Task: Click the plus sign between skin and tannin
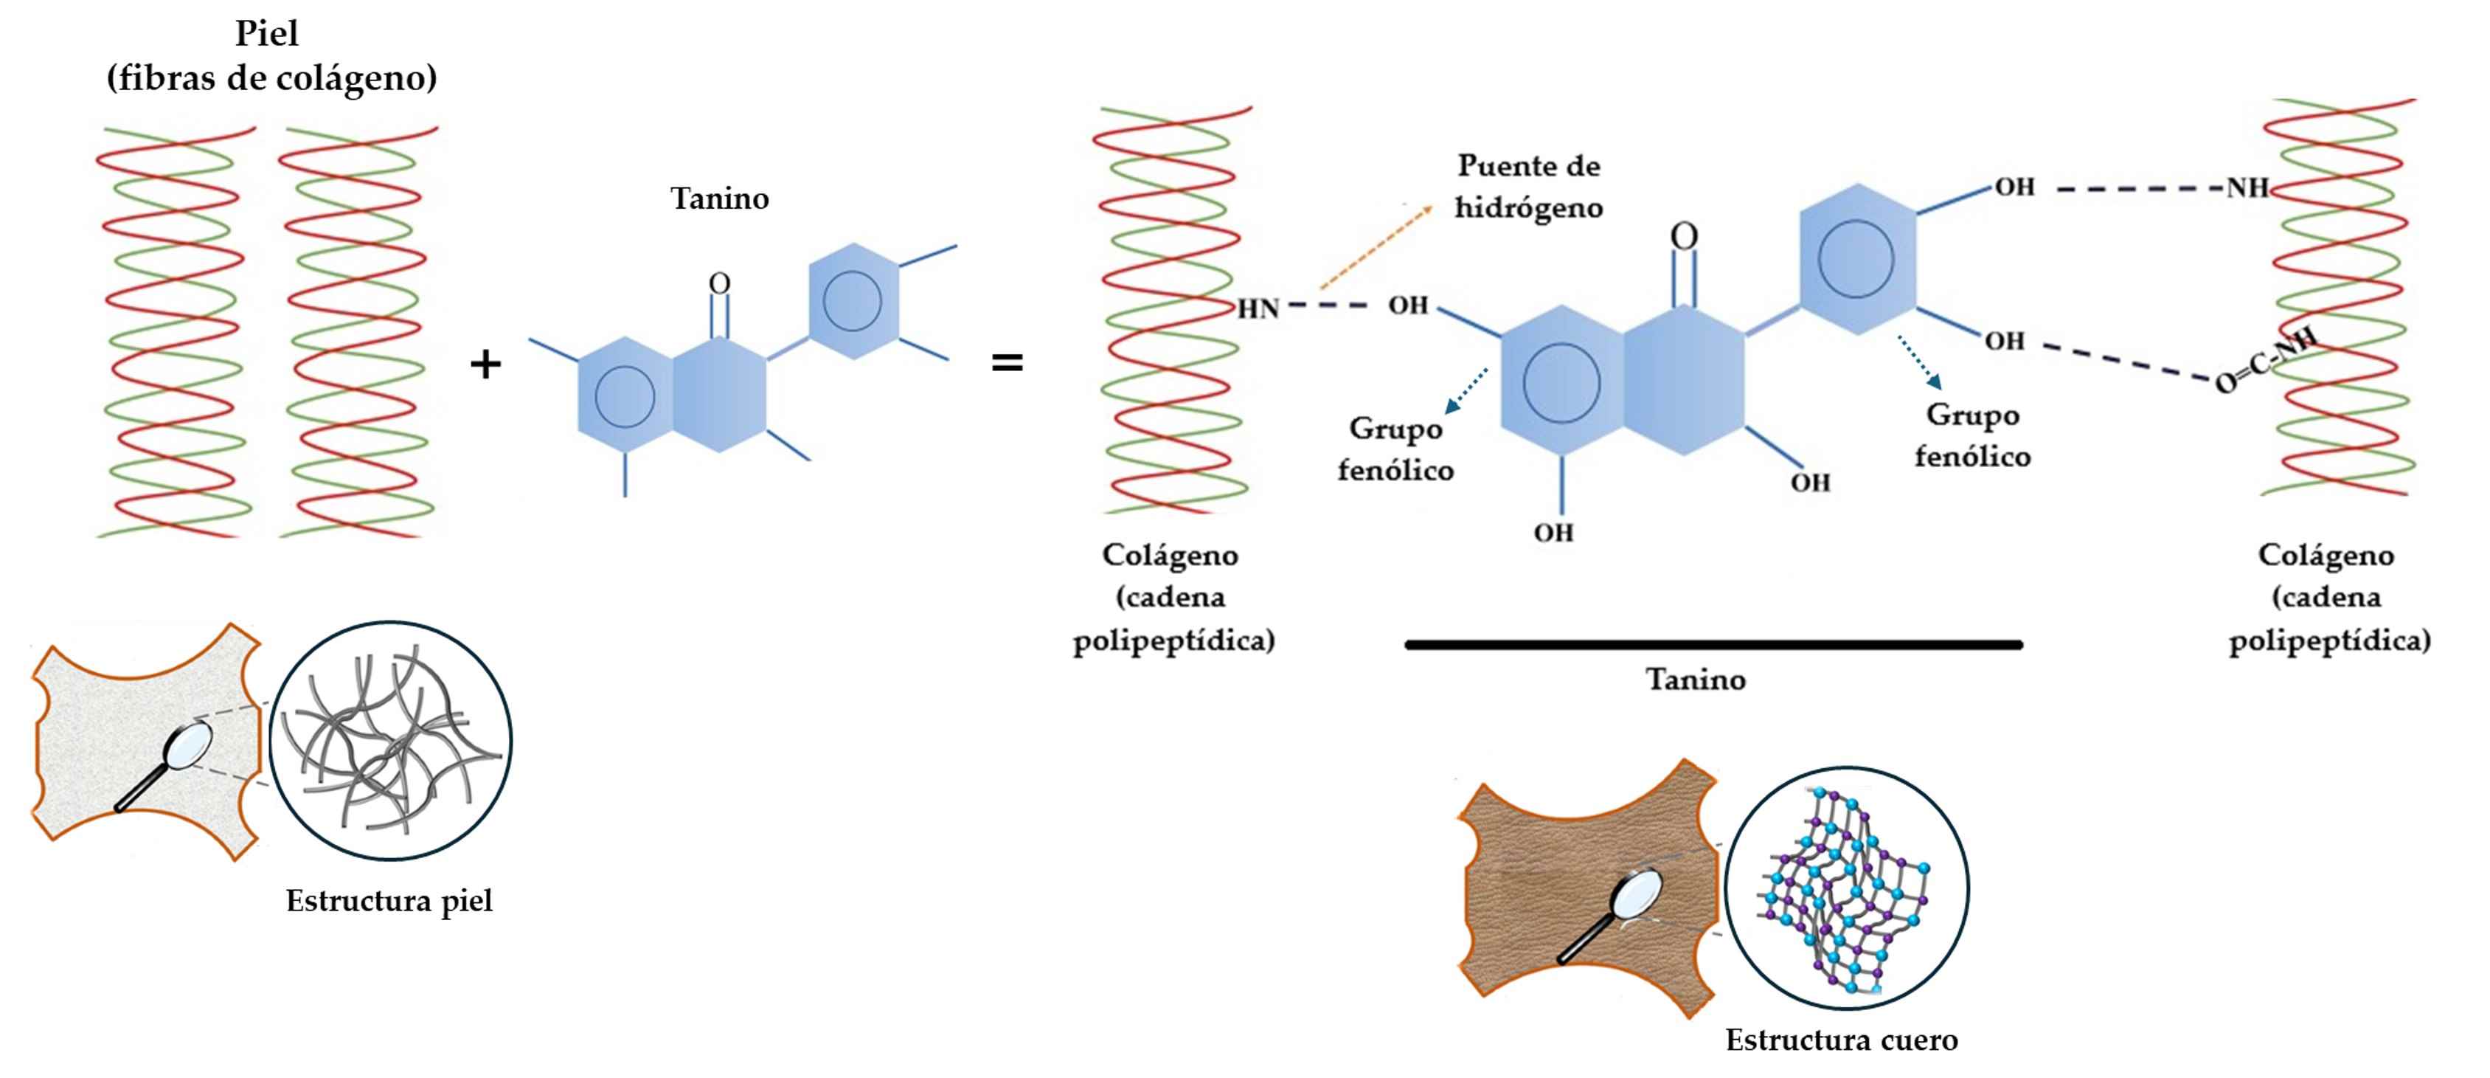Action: tap(485, 364)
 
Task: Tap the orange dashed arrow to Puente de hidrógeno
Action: tap(1376, 247)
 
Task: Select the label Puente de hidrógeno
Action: tap(1528, 187)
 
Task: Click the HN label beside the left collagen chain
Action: tap(1258, 308)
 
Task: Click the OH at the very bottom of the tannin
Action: tap(1553, 533)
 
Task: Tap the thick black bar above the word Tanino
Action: tap(1713, 645)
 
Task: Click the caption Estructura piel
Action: tap(389, 901)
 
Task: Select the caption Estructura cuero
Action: tap(1842, 1040)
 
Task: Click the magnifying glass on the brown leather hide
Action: tap(1615, 913)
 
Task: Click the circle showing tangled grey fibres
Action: tap(390, 742)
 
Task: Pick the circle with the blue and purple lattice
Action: tap(1846, 888)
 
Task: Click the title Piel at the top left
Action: tap(267, 34)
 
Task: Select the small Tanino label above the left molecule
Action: tap(720, 199)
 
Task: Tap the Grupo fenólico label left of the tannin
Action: tap(1395, 449)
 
